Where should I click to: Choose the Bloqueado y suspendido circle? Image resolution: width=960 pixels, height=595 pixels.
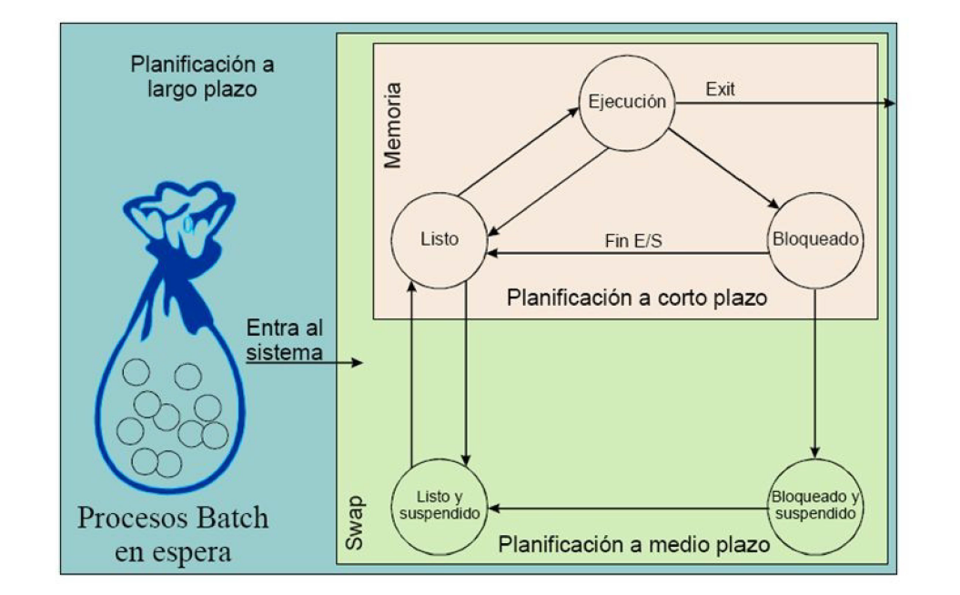[x=814, y=507]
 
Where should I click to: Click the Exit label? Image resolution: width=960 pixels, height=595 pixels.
[x=721, y=90]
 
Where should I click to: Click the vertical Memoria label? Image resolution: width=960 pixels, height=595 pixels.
[x=392, y=126]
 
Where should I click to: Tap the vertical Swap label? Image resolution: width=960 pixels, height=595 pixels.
[x=356, y=523]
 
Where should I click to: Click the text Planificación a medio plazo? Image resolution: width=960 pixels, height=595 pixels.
[x=634, y=546]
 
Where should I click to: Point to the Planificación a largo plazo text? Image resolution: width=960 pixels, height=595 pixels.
[x=202, y=78]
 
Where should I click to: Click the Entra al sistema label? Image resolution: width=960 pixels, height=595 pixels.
[x=285, y=339]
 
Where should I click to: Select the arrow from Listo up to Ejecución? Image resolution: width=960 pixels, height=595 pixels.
[x=519, y=150]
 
